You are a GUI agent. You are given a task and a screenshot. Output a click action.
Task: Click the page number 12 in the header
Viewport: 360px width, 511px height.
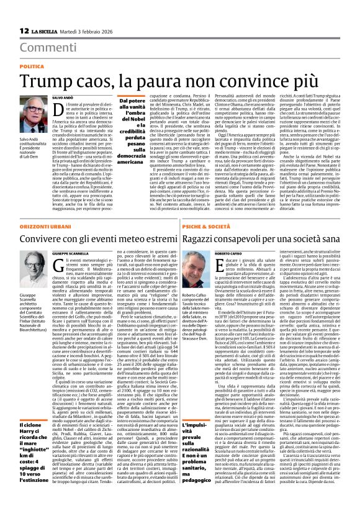[x=24, y=31]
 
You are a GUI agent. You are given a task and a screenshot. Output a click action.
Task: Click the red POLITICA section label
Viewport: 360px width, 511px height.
[x=35, y=66]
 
